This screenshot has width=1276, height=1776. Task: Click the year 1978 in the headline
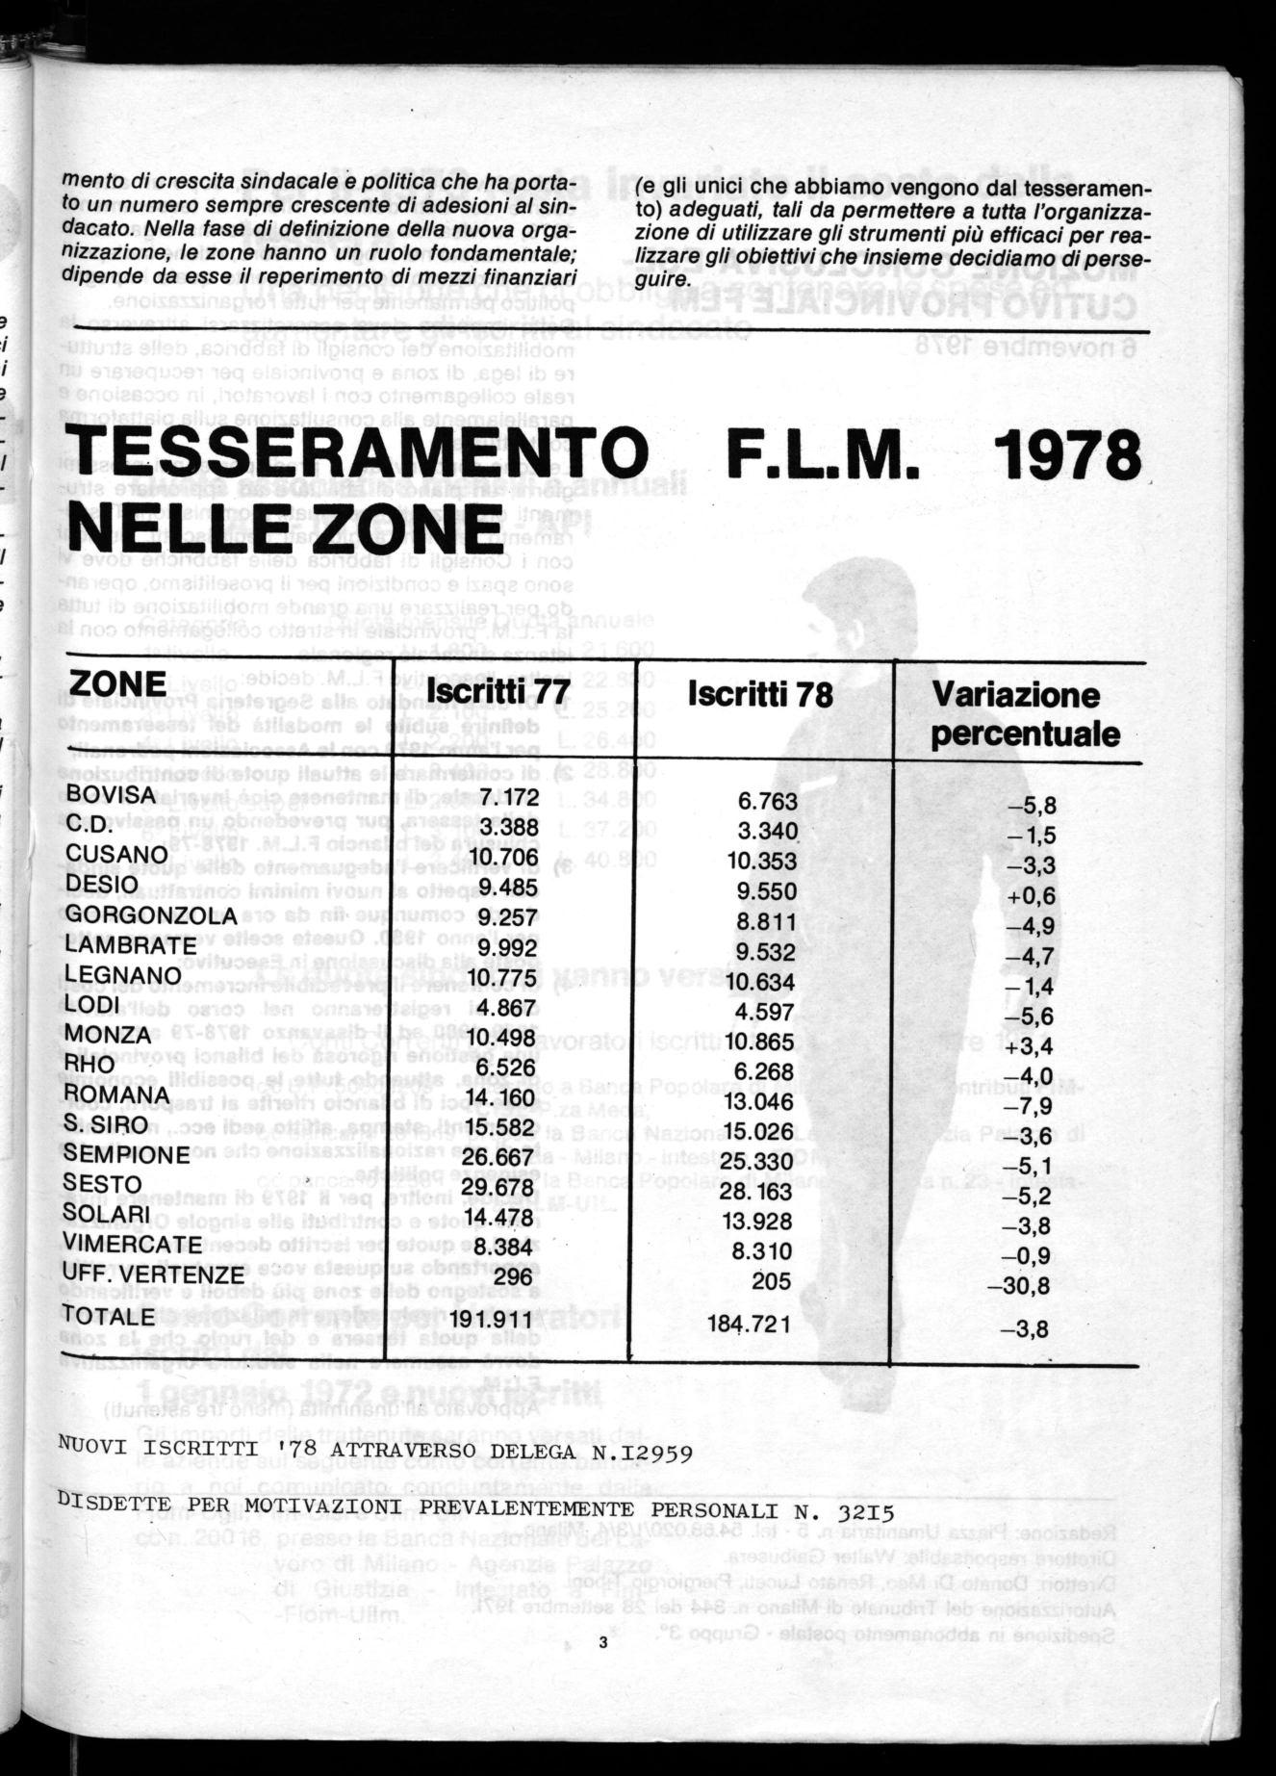pos(1066,456)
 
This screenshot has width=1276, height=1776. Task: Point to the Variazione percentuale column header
pos(1029,713)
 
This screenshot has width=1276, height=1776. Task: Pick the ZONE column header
pos(118,682)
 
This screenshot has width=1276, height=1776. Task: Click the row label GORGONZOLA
pos(151,915)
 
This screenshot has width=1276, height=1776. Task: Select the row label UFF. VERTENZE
pos(155,1274)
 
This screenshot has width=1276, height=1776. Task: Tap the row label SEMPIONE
pos(128,1154)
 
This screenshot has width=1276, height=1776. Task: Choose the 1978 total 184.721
pos(749,1325)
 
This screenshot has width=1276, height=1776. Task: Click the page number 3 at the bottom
pos(602,1644)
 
